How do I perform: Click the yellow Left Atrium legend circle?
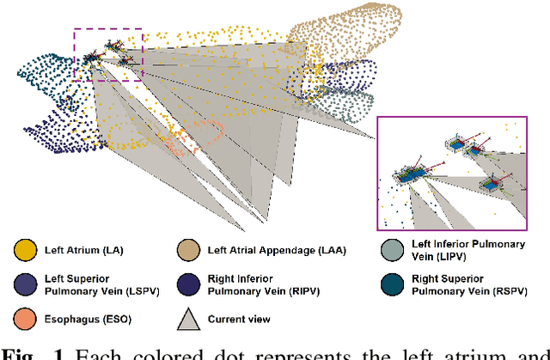click(25, 250)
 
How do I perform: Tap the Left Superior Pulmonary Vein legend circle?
click(25, 284)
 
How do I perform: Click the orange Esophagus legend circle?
click(25, 319)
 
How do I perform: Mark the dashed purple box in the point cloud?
click(107, 54)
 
